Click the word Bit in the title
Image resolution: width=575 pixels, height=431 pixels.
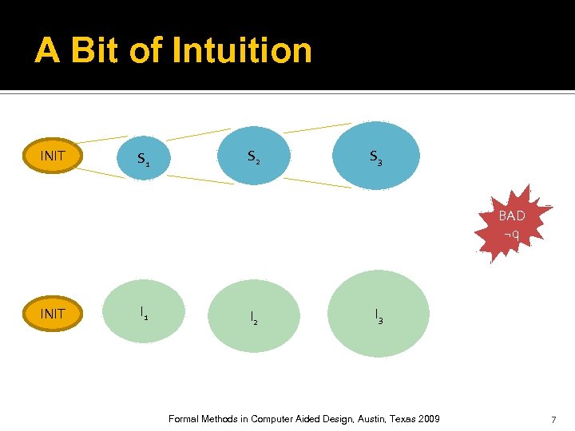pyautogui.click(x=93, y=50)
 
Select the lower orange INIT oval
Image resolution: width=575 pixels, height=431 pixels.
pyautogui.click(x=53, y=313)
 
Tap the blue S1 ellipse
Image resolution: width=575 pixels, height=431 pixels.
pyautogui.click(x=144, y=160)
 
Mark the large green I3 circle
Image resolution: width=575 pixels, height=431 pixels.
pyautogui.click(x=378, y=314)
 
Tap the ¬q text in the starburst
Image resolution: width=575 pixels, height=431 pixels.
pyautogui.click(x=512, y=235)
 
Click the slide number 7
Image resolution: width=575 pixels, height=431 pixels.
pyautogui.click(x=553, y=420)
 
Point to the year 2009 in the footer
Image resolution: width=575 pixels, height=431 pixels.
pyautogui.click(x=427, y=419)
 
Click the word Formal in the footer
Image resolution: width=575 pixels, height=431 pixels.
pyautogui.click(x=186, y=419)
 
